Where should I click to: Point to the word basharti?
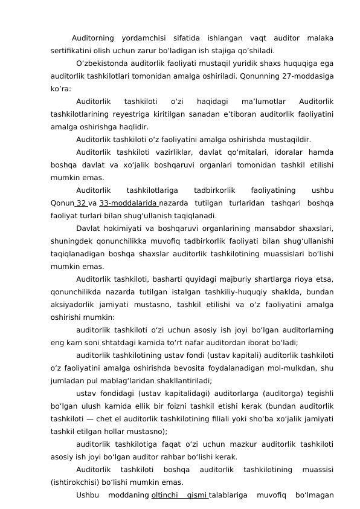tap(164, 280)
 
